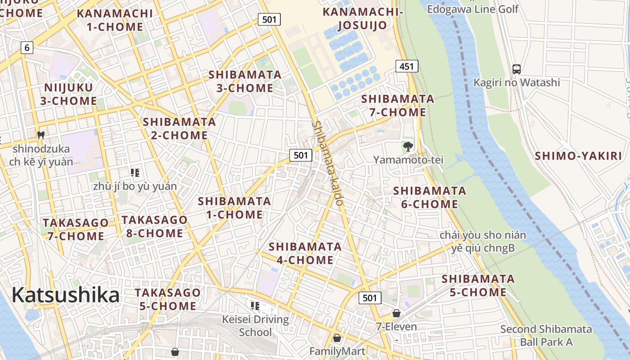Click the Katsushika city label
[x=66, y=295]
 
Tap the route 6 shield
[x=27, y=47]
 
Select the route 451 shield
[x=407, y=66]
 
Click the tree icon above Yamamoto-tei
[x=408, y=146]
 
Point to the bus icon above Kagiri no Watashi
[x=517, y=69]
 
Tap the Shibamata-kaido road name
[x=328, y=163]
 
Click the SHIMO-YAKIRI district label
[x=578, y=156]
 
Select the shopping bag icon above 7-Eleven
[x=396, y=313]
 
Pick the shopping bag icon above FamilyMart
[x=337, y=338]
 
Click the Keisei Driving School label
[x=256, y=326]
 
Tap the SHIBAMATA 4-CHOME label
[x=305, y=253]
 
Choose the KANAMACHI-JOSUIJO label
[x=362, y=18]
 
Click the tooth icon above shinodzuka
[x=40, y=135]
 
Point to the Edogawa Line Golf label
[x=472, y=9]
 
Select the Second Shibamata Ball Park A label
[x=546, y=335]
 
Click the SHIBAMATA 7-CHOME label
[x=398, y=105]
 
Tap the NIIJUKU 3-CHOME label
[x=68, y=94]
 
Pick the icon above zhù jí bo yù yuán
[x=135, y=172]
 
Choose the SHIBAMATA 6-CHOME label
[x=430, y=198]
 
